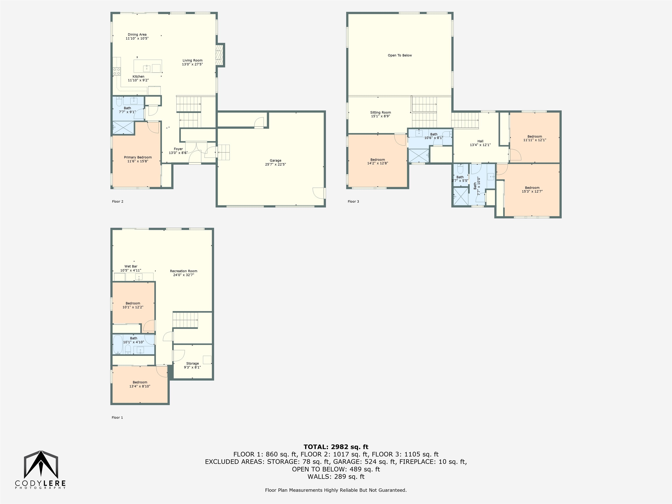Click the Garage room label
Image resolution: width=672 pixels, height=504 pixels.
276,162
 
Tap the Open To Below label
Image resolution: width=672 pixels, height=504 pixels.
400,55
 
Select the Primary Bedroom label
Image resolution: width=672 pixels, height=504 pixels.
138,159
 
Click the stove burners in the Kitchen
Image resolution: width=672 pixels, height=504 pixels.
117,71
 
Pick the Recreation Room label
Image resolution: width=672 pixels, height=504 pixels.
184,273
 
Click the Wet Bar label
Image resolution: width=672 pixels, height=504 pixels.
131,268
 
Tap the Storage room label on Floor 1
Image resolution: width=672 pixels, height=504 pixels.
192,365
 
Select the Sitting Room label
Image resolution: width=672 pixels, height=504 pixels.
380,114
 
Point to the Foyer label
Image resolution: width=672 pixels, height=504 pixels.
178,151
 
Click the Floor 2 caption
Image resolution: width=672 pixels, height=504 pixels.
117,201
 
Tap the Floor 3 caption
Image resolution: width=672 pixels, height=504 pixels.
353,201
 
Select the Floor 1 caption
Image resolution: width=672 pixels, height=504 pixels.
117,417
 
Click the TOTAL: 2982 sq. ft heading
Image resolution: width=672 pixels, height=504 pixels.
336,447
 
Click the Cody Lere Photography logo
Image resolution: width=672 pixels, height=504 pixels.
40,470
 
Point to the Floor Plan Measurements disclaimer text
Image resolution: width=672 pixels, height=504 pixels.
336,490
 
